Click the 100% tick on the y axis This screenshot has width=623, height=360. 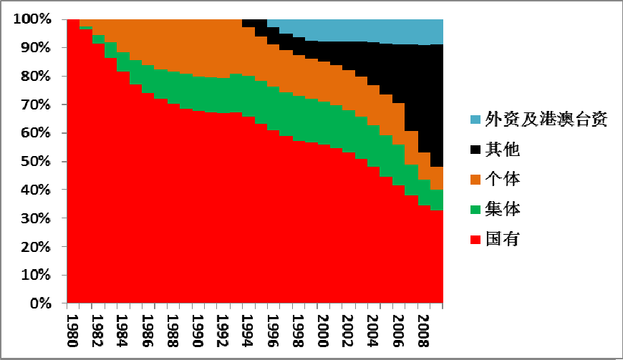coord(32,19)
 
